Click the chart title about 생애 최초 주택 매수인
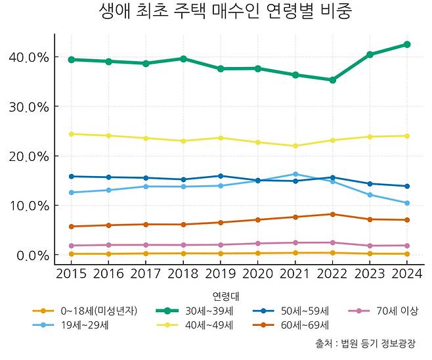(x=216, y=12)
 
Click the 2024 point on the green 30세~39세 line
(x=407, y=45)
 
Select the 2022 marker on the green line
(x=333, y=80)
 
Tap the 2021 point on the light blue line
(x=295, y=174)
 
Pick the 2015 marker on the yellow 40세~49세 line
(x=71, y=134)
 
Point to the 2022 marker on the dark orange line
(x=333, y=214)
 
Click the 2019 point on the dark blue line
(x=221, y=176)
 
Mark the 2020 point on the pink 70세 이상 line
(x=258, y=244)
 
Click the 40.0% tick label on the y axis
(x=30, y=58)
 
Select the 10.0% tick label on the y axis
(x=30, y=206)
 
